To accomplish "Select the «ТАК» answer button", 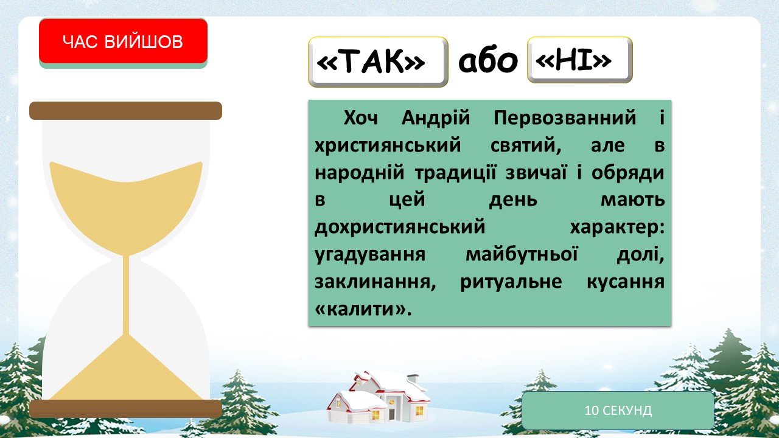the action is [378, 61].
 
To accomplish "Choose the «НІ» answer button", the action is [580, 60].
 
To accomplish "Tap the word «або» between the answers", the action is [488, 61].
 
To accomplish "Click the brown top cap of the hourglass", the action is [125, 111].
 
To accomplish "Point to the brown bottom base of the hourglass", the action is [125, 409].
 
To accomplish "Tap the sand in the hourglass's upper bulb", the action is [126, 205].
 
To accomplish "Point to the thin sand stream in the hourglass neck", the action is [126, 296].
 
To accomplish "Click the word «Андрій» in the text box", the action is [435, 117].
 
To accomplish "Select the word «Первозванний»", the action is [565, 117].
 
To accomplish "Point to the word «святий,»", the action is [526, 145].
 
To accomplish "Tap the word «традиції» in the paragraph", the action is [455, 172].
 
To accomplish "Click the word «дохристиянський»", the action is [400, 228].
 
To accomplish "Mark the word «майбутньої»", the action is [522, 254].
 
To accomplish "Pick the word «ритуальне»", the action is [511, 282].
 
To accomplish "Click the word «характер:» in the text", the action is [617, 228].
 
